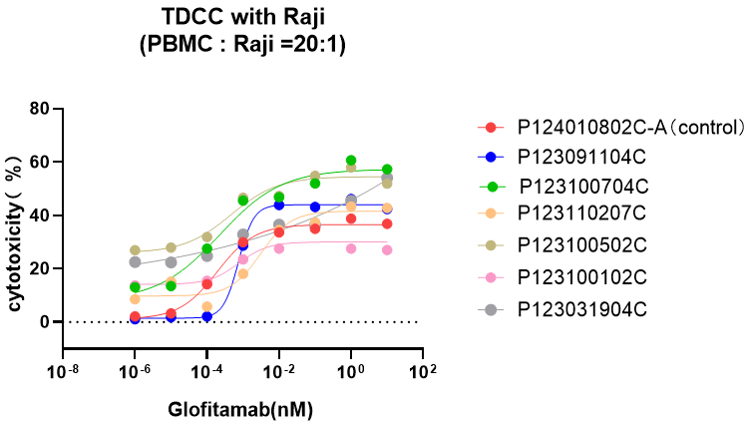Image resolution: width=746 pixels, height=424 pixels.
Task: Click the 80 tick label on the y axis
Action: click(x=40, y=109)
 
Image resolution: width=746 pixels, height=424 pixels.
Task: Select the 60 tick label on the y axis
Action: click(x=40, y=162)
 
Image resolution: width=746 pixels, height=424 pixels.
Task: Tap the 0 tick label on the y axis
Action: click(x=46, y=322)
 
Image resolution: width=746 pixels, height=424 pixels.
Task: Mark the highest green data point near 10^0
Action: click(x=351, y=161)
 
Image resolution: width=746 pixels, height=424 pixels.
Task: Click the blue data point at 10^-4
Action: click(x=207, y=316)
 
